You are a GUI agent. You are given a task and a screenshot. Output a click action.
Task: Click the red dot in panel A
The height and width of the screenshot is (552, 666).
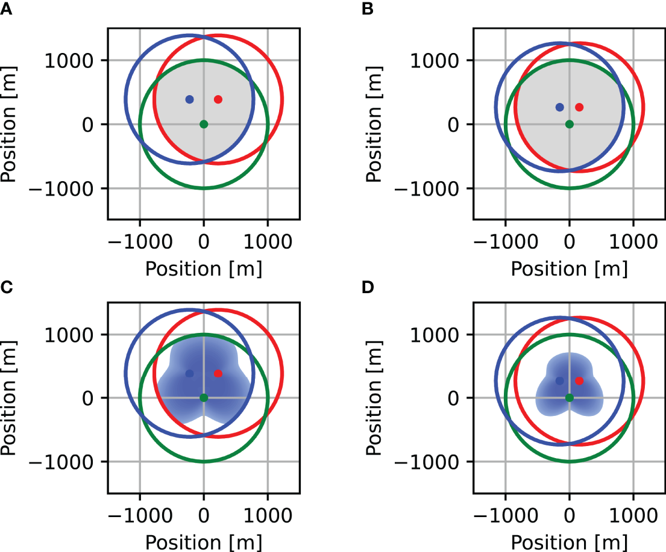218,99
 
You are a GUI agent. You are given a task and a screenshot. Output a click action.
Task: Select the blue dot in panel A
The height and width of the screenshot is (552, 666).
189,99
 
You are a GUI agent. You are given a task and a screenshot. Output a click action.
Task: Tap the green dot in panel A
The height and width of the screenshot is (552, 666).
204,124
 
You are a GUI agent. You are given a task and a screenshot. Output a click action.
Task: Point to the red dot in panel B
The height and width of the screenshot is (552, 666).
579,107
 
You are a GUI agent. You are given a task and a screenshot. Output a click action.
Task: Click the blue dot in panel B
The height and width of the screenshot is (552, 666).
559,107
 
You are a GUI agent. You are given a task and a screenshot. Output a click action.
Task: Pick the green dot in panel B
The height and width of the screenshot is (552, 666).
570,124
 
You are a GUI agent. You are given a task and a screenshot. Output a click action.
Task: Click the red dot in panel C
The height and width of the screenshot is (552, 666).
218,373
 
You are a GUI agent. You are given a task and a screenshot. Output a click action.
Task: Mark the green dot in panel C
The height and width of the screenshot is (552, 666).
204,397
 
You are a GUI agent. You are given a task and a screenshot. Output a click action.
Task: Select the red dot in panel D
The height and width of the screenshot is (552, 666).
579,381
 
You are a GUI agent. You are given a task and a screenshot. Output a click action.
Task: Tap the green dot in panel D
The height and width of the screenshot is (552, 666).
570,397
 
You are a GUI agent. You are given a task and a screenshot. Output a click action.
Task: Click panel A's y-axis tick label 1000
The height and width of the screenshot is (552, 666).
72,61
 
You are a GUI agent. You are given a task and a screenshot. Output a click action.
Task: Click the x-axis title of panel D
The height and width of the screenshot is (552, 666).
570,542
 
